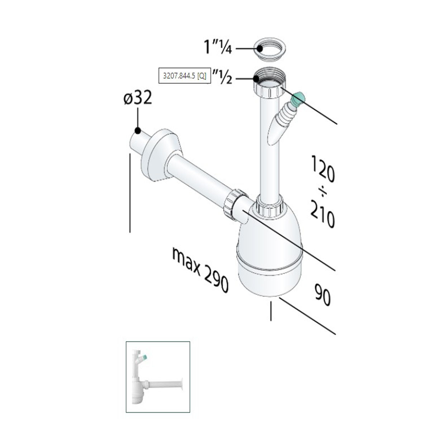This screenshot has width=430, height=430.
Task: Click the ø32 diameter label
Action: (x=138, y=97)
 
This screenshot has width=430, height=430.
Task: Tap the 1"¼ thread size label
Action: (x=218, y=47)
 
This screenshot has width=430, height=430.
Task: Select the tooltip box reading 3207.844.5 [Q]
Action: (x=185, y=76)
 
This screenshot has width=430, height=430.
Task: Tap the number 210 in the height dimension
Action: (x=322, y=214)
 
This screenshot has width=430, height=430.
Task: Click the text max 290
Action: (x=200, y=270)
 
